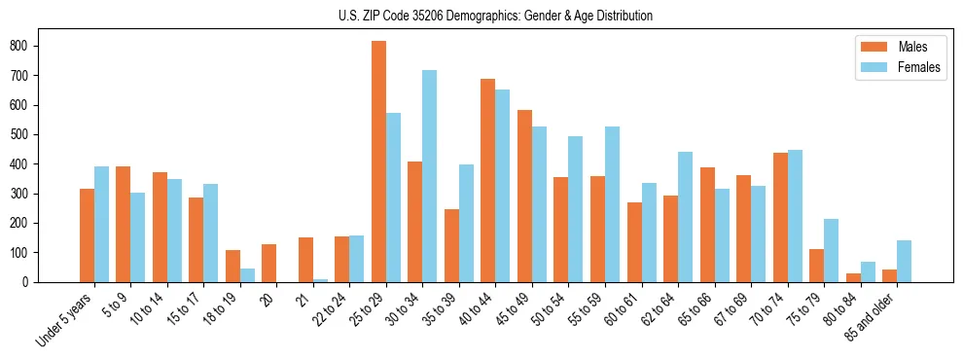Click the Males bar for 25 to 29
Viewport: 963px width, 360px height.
coord(378,162)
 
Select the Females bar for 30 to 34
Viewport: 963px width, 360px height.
coord(430,176)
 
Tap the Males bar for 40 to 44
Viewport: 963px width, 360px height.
coord(488,180)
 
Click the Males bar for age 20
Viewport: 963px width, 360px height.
coord(268,263)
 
